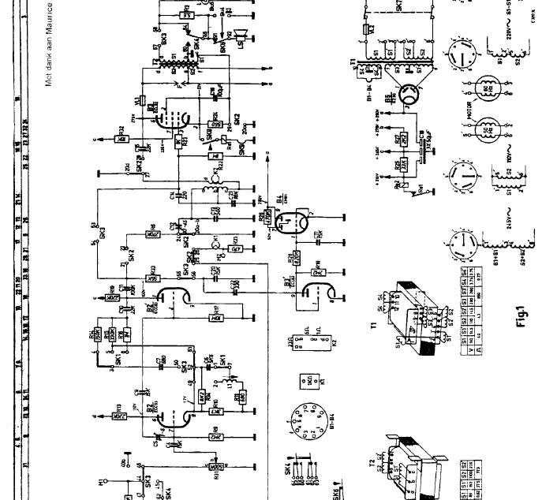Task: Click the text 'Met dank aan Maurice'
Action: coord(49,44)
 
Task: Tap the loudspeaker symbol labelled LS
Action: coord(241,35)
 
